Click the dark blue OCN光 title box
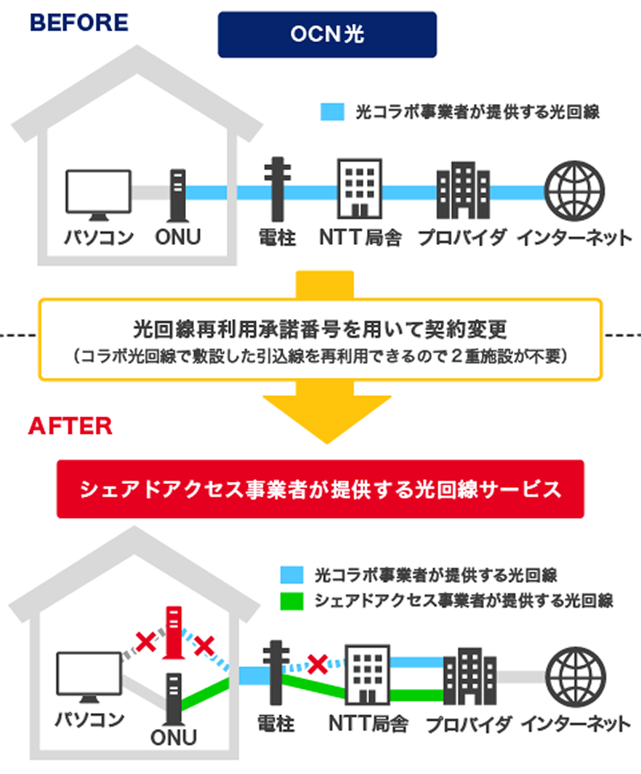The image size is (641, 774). pos(327,35)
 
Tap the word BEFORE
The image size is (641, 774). pos(78,23)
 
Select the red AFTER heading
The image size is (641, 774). pos(70,425)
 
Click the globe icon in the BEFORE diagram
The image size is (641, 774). pos(574,192)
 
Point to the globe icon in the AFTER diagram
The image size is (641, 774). pos(574,675)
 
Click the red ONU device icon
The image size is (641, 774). pos(173,632)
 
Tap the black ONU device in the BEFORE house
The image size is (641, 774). pos(177,195)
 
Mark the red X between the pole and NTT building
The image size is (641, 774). pos(317,662)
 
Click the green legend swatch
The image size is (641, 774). pos(291,601)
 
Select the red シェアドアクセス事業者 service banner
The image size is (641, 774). pos(320,488)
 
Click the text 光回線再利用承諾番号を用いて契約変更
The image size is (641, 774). pos(319,331)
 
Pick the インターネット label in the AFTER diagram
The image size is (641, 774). pos(575,725)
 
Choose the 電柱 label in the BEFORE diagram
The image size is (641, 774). pos(277,238)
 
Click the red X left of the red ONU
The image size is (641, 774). pos(146,642)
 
